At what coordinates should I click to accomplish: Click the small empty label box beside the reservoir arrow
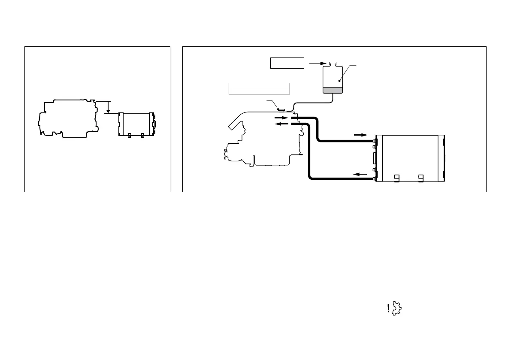(287, 63)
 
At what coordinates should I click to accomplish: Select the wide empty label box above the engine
(259, 88)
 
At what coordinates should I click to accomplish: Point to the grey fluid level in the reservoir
(332, 90)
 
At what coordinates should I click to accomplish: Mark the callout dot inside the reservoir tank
(339, 80)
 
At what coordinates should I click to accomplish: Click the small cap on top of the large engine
(282, 110)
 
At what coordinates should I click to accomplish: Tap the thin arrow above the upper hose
(360, 135)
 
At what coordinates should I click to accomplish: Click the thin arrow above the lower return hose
(360, 174)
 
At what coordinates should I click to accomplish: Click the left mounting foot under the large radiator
(397, 177)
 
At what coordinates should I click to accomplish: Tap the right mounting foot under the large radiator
(420, 177)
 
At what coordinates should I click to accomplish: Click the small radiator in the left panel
(136, 124)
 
